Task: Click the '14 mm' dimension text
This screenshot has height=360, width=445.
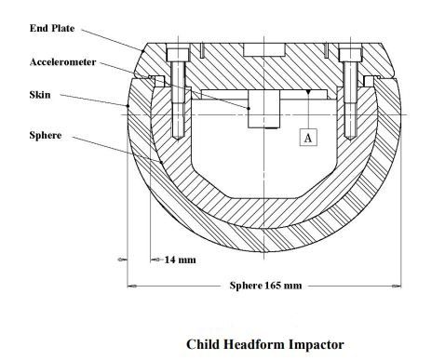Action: [x=180, y=260]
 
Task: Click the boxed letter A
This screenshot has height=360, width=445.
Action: [x=309, y=137]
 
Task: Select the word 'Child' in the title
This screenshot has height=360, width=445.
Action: [x=205, y=344]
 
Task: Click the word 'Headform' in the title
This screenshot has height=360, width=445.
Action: [x=258, y=344]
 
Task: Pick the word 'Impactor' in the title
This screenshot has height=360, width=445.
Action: [x=318, y=344]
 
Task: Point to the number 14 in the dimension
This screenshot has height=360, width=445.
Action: [x=171, y=260]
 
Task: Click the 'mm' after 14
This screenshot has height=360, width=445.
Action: [x=187, y=260]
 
